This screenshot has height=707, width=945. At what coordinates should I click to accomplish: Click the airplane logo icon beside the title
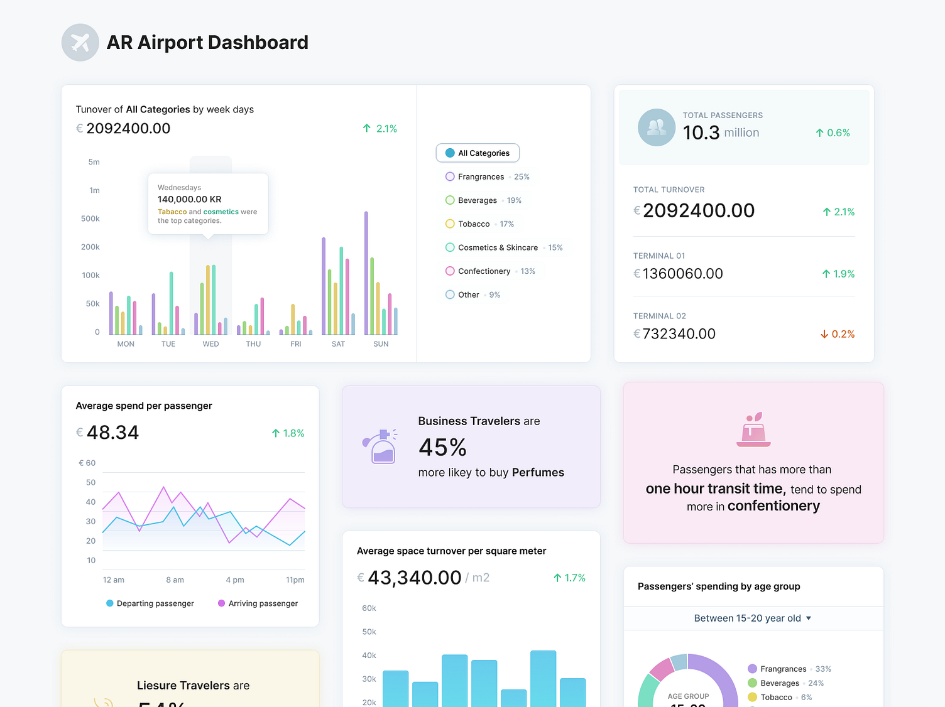coord(80,43)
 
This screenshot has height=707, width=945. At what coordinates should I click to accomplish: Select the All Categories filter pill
coord(478,153)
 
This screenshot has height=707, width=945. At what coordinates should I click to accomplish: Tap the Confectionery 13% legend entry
coord(489,271)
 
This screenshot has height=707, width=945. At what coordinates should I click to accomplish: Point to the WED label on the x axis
coord(210,344)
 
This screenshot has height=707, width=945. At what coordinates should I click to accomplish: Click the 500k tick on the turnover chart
coord(90,219)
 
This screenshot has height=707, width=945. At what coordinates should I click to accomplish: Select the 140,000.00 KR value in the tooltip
coord(189,199)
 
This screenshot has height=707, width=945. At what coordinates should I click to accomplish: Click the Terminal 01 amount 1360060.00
coord(682,274)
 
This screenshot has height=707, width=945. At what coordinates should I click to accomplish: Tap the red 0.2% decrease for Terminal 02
coord(838,334)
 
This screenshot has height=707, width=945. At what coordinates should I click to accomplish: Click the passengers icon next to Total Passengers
coord(656,127)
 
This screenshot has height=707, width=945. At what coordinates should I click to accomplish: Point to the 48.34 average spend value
coord(112,433)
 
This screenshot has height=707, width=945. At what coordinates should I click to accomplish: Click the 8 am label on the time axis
coord(175,580)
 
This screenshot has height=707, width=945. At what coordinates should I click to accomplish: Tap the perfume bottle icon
coord(380,446)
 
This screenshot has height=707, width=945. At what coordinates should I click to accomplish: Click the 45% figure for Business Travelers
coord(442,448)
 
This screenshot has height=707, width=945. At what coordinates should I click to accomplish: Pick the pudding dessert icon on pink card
coord(753,430)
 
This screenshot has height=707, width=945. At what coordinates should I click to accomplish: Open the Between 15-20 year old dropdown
coord(752,618)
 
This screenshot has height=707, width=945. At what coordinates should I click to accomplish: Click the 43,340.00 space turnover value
coord(414,578)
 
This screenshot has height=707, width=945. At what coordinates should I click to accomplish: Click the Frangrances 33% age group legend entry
coord(789,669)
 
